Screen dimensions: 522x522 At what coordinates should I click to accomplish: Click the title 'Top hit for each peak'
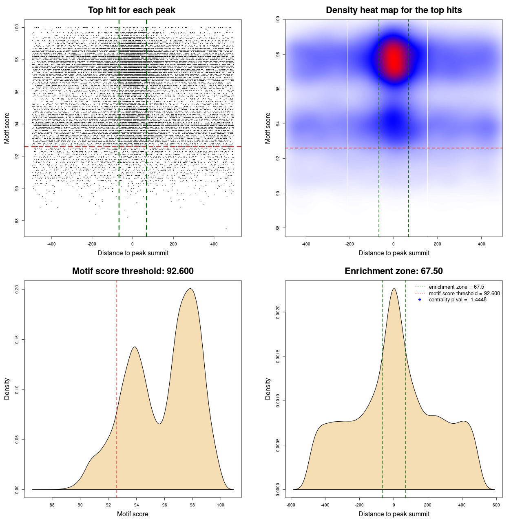pos(131,10)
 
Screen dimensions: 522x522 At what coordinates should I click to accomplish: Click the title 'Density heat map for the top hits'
pos(394,10)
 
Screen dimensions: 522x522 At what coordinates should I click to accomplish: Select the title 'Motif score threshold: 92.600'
pos(133,271)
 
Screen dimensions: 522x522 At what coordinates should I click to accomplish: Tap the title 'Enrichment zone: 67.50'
pos(394,271)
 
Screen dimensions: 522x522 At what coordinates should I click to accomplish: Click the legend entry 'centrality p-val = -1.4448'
pos(458,300)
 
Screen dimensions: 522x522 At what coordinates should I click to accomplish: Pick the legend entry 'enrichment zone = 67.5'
pos(456,287)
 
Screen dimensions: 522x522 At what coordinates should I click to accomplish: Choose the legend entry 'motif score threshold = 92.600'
pos(464,294)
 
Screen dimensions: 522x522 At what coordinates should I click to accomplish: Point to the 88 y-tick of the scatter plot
pos(17,221)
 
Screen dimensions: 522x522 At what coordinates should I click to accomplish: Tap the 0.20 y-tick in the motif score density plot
pos(17,290)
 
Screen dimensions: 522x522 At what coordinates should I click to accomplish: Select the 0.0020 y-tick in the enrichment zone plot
pos(278,312)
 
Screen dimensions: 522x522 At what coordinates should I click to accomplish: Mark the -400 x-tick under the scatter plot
pos(51,244)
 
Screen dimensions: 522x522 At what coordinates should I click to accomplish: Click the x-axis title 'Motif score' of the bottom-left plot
pos(133,514)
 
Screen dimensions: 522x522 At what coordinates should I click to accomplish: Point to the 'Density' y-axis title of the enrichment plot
pos(268,389)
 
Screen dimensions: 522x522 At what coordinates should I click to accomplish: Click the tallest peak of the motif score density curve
pos(190,289)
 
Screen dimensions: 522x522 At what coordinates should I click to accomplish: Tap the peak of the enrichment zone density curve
pos(394,289)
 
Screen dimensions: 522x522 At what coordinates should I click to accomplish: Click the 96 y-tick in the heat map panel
pos(278,89)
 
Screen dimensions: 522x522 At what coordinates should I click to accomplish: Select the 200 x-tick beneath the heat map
pos(437,244)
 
